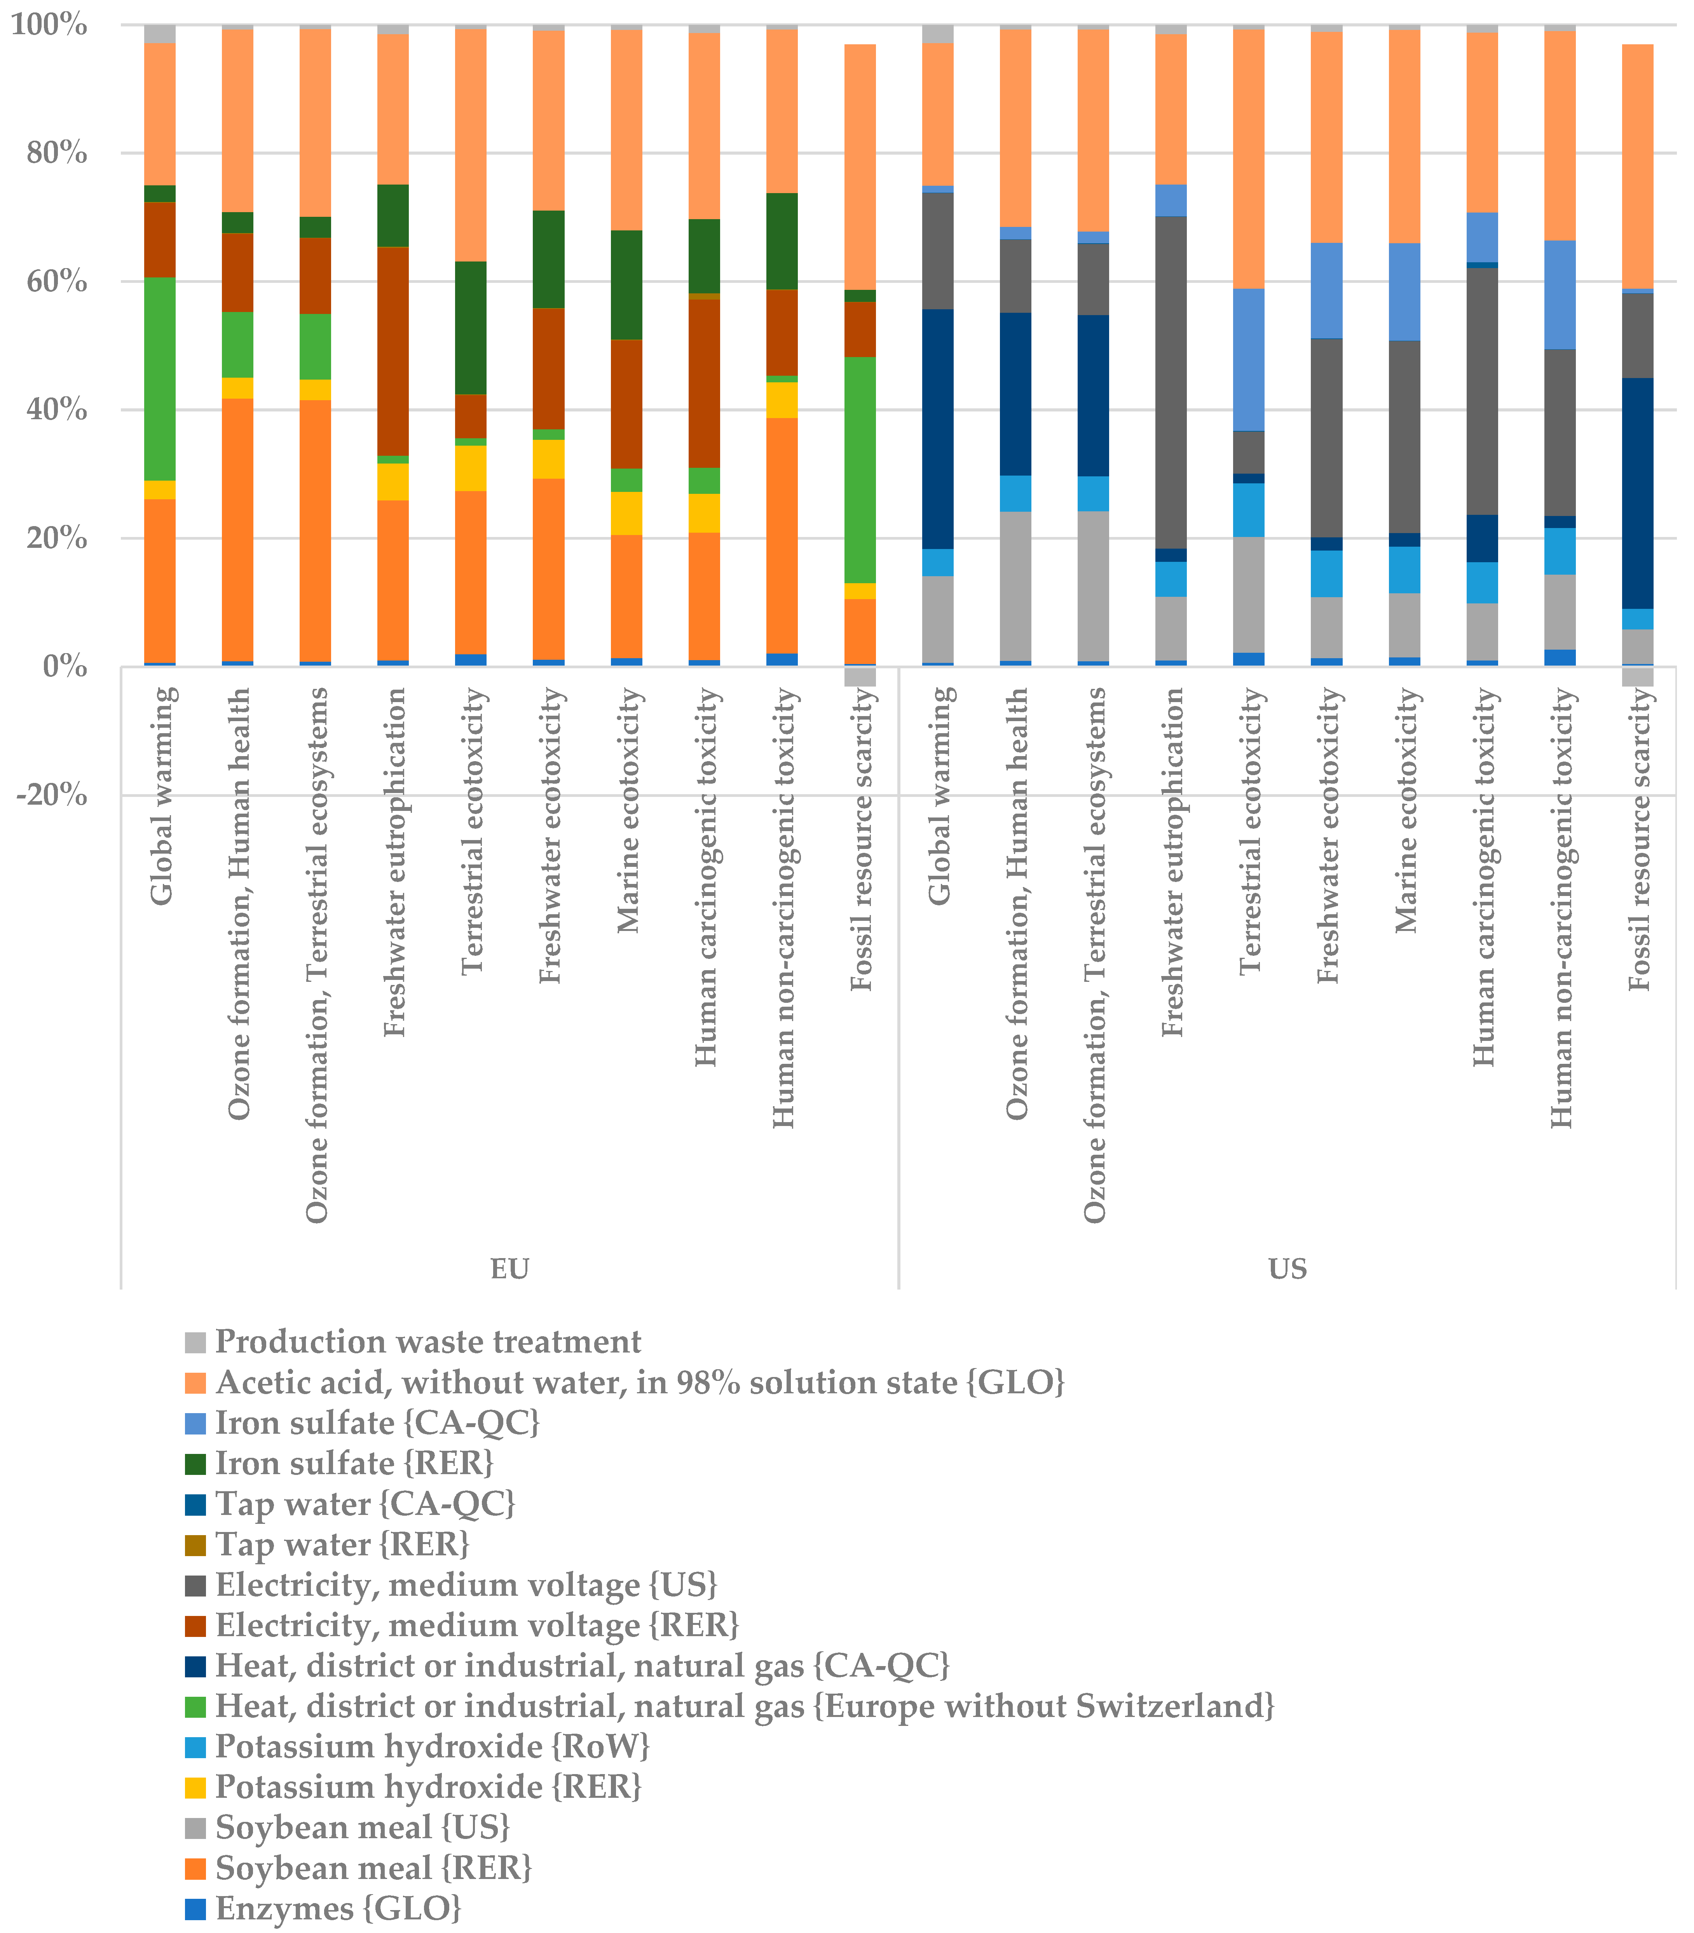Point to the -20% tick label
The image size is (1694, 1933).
52,795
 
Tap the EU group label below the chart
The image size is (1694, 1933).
509,1269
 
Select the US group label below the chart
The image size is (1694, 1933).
1288,1269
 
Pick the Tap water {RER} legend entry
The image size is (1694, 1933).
342,1544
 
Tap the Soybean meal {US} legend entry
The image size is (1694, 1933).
362,1827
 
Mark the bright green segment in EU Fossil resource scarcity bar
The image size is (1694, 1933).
860,470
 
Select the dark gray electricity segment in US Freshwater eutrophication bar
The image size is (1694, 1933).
1171,383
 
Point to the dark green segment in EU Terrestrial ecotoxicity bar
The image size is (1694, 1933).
471,328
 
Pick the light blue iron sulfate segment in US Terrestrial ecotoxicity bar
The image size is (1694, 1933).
1249,359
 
